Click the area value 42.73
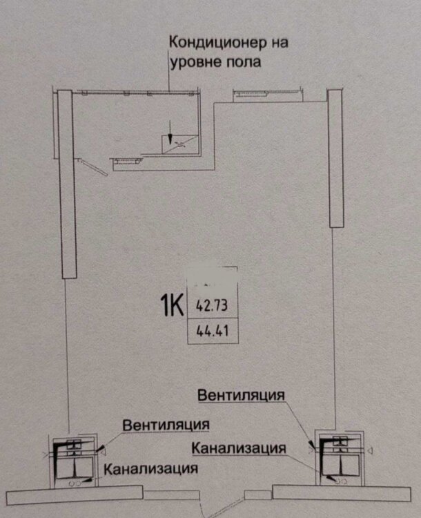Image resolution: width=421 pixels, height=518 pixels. coord(213,305)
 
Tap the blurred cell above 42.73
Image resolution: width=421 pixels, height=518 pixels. coord(213,279)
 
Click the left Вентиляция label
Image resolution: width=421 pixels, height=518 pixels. coord(166,424)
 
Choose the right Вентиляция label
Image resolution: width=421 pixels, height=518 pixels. coord(241,395)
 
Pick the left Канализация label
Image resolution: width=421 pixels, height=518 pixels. coord(148,469)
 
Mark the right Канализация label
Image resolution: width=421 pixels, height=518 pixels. coord(239,448)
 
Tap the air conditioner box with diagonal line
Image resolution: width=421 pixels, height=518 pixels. coord(179,143)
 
